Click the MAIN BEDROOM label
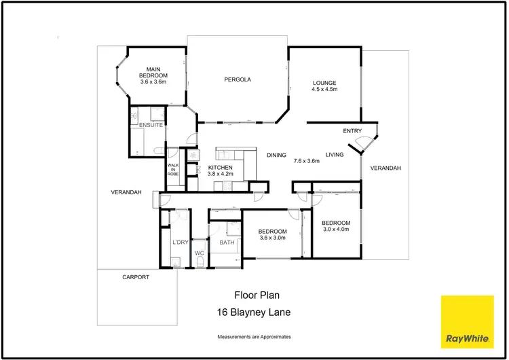click(153, 71)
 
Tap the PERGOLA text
click(238, 79)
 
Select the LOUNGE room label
click(324, 84)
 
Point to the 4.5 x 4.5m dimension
click(324, 90)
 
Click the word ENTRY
click(352, 131)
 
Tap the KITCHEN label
click(221, 167)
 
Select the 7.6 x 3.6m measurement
click(306, 161)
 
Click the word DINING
click(276, 154)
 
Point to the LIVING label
click(335, 154)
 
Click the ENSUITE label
click(150, 126)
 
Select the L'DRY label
click(180, 242)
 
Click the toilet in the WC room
click(200, 265)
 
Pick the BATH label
click(227, 242)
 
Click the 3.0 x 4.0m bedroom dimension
click(336, 230)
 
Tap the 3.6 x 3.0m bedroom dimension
click(272, 238)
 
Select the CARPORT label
click(136, 277)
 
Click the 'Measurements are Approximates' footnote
click(254, 337)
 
